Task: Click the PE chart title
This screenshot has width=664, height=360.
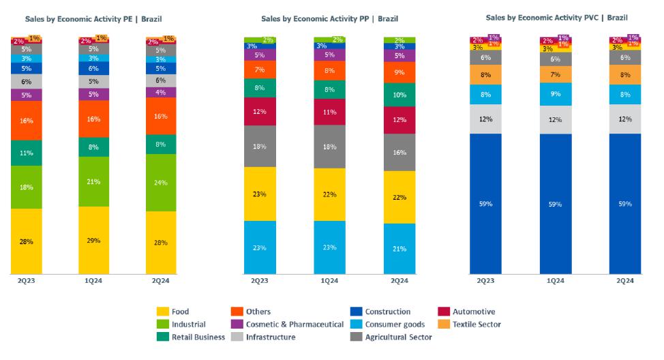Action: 94,18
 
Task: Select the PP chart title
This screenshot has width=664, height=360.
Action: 330,18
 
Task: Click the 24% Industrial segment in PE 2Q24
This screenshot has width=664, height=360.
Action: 160,183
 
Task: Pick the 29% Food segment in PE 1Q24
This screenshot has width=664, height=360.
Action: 94,240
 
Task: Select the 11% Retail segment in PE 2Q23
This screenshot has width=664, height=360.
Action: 27,153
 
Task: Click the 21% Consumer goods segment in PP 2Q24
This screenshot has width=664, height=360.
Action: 399,249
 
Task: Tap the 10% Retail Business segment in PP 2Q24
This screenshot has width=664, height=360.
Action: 399,94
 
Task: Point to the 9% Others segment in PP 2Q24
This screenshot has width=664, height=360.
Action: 399,72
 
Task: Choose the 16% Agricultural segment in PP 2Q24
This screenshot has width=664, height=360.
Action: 399,152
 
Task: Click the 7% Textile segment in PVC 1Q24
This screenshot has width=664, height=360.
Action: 556,74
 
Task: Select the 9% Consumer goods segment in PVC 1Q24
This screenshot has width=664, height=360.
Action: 556,93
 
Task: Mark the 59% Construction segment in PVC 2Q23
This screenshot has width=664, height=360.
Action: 485,203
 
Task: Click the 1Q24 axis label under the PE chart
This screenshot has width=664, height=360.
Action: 94,280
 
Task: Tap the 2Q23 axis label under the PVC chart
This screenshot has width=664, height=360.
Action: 485,280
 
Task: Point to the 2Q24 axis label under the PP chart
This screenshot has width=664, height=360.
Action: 399,280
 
